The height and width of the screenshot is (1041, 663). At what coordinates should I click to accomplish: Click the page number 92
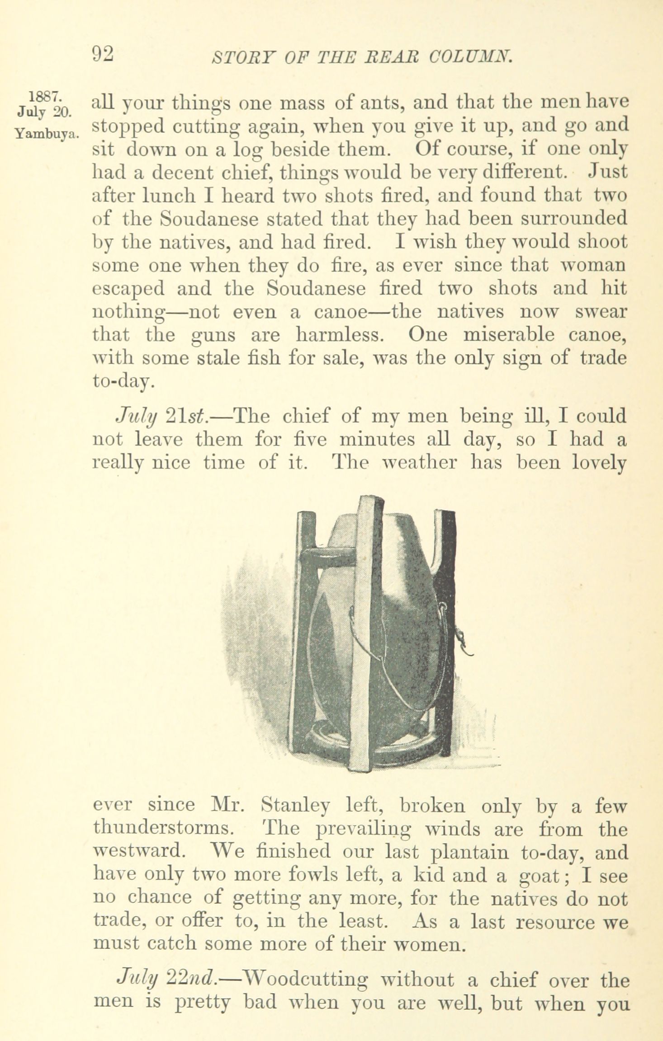103,55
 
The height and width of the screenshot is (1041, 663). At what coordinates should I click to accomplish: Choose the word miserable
505,335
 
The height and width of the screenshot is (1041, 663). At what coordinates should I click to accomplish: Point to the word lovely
599,463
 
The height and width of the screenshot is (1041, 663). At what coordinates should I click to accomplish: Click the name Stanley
296,805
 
